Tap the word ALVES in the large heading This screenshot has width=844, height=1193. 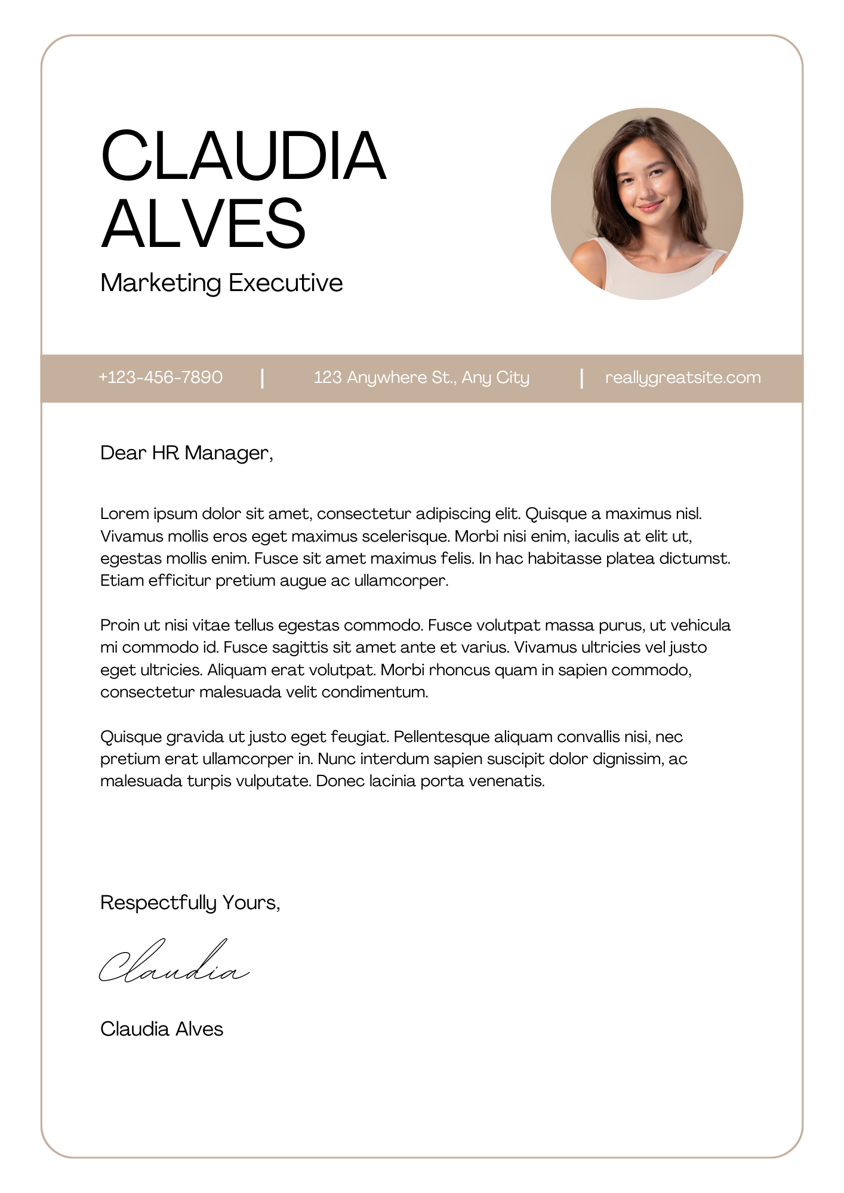[x=203, y=224]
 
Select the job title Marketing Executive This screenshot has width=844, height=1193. [x=221, y=283]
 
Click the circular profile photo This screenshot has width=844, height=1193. [x=646, y=203]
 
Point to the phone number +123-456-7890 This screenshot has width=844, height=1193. [x=161, y=378]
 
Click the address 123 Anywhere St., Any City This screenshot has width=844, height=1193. [x=421, y=378]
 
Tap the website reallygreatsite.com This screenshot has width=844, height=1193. [x=683, y=378]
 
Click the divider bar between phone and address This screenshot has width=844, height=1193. [x=263, y=378]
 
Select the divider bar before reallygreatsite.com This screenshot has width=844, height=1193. [x=581, y=378]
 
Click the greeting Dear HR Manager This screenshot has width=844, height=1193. [x=186, y=453]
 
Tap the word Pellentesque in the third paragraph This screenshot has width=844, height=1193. [x=442, y=737]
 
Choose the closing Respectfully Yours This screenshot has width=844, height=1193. [x=190, y=903]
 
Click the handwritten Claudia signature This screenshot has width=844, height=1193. [x=173, y=963]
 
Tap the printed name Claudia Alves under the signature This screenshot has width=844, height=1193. [x=162, y=1029]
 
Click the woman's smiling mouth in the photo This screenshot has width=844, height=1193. [x=650, y=206]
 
